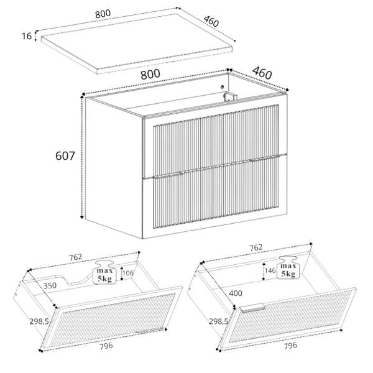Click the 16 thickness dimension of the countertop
pyautogui.click(x=27, y=36)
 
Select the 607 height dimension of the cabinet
pyautogui.click(x=65, y=156)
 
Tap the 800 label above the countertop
pyautogui.click(x=103, y=14)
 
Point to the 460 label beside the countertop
pyautogui.click(x=211, y=21)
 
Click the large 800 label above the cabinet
pyautogui.click(x=150, y=74)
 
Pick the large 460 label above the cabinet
pyautogui.click(x=262, y=73)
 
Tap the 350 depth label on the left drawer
pyautogui.click(x=50, y=285)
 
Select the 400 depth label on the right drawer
pyautogui.click(x=236, y=293)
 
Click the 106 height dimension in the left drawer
pyautogui.click(x=128, y=273)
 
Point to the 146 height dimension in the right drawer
pyautogui.click(x=270, y=270)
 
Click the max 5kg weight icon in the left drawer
pyautogui.click(x=104, y=273)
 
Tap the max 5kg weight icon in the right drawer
pyautogui.click(x=288, y=267)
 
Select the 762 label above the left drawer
pyautogui.click(x=75, y=257)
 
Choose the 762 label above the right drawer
pyautogui.click(x=256, y=247)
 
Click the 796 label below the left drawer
pyautogui.click(x=106, y=346)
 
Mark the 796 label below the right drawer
pyautogui.click(x=290, y=346)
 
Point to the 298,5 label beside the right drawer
pyautogui.click(x=219, y=321)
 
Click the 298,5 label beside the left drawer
pyautogui.click(x=39, y=321)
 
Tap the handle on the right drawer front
pyautogui.click(x=252, y=308)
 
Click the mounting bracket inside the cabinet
pyautogui.click(x=230, y=97)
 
